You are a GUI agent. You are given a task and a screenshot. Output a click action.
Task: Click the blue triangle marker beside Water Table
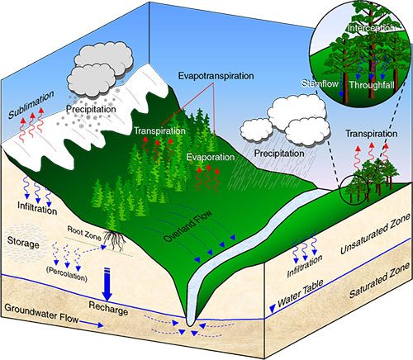(272, 310)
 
